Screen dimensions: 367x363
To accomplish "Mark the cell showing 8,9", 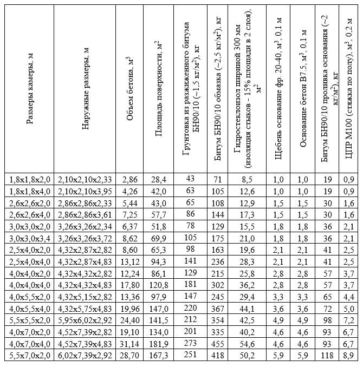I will (349, 355).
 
